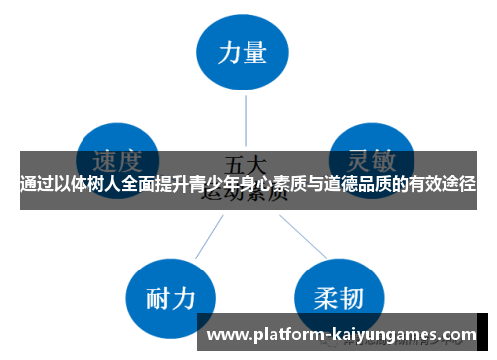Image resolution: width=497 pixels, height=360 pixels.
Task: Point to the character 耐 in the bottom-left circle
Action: coord(154,298)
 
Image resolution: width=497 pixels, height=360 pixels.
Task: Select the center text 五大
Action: coord(245,161)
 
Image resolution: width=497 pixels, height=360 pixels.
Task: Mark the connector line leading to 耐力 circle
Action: coord(207,235)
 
